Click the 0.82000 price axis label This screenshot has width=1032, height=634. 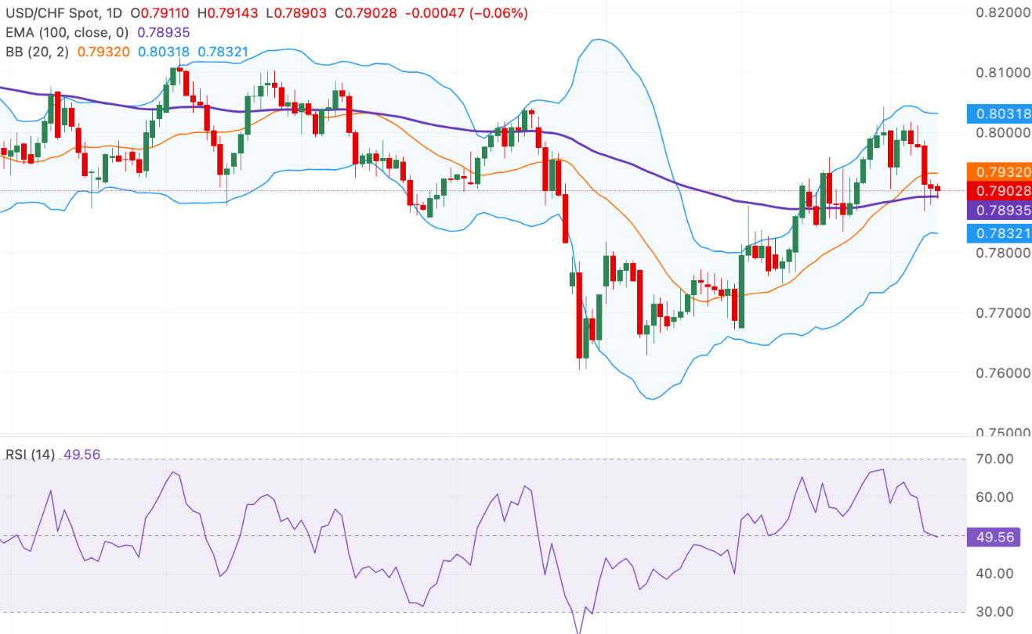pyautogui.click(x=1002, y=13)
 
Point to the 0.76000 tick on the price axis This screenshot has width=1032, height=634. pyautogui.click(x=1002, y=373)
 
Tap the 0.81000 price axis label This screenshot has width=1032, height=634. pyautogui.click(x=1002, y=73)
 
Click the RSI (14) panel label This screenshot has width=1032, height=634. pyautogui.click(x=30, y=455)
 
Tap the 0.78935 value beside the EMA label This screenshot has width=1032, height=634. pyautogui.click(x=163, y=32)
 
